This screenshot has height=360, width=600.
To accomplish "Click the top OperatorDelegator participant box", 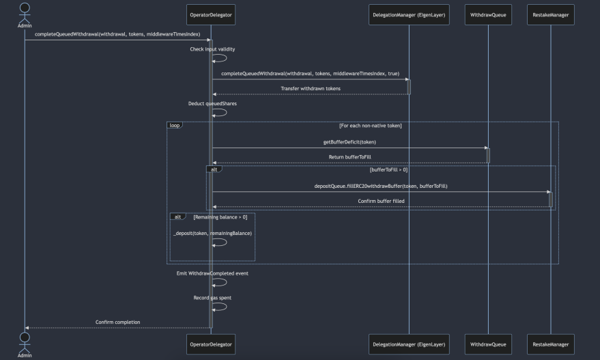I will coord(210,14).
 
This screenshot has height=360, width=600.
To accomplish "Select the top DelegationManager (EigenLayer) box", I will coord(409,14).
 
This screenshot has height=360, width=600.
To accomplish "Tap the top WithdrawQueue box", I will coord(489,14).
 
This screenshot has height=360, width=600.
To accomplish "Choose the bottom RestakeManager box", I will coord(550,344).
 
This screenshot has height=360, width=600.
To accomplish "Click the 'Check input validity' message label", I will coord(212,49).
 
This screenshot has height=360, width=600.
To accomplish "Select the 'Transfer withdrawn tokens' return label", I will coord(310,88).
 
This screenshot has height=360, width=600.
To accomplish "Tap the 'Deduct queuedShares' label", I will coord(212,104).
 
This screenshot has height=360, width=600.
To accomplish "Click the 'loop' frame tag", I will coord(175,126).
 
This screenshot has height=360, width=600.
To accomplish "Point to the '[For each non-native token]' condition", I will coord(370,126).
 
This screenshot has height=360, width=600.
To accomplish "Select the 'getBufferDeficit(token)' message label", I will coord(349,142).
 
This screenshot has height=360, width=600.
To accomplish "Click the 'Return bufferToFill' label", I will coord(349,157).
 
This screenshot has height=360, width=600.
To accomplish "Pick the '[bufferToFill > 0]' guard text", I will coord(388,169).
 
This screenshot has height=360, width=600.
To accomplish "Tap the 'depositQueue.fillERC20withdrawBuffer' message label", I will coord(380,186).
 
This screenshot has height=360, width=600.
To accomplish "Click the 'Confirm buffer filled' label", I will coord(380,202).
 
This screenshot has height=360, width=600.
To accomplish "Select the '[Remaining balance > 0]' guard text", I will coord(220,217).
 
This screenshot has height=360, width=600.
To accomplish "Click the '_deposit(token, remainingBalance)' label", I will coord(212,234).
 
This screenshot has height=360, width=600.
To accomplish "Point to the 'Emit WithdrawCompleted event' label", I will coord(212,273).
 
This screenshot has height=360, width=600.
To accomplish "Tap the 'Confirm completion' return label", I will coord(117,322).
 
